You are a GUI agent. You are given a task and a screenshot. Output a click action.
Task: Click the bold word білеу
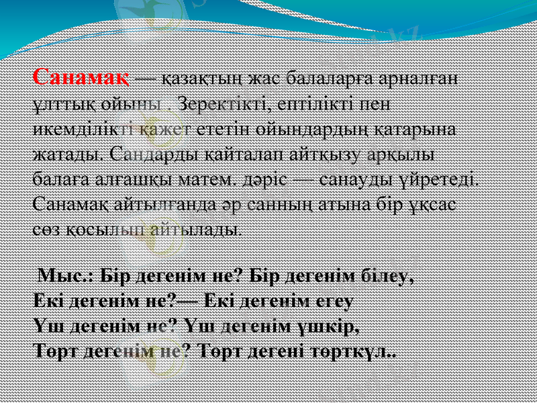[x=385, y=275]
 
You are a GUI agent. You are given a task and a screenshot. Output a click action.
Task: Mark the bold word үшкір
[x=333, y=325]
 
